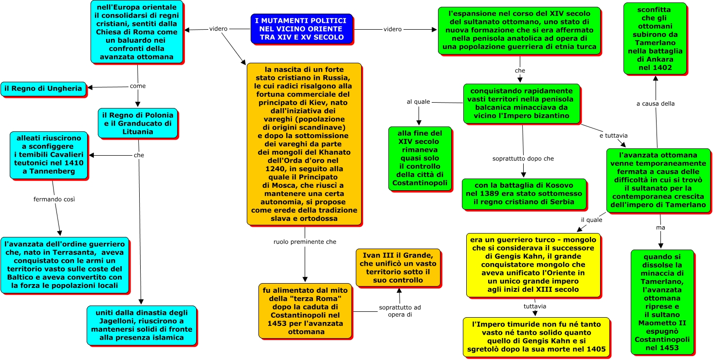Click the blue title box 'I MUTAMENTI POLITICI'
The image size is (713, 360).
pos(301,29)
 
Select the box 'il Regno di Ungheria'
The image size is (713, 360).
pos(43,89)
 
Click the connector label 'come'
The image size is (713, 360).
pos(138,86)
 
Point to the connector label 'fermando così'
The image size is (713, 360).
pos(54,199)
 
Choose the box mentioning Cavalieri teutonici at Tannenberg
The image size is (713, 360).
pos(49,155)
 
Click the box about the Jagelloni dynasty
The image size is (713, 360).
pos(141,325)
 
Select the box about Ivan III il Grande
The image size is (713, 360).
pos(398,268)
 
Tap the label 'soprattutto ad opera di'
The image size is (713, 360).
pos(400,311)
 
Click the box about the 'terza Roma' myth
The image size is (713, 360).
pos(305,311)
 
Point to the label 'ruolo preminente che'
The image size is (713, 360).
pos(305,241)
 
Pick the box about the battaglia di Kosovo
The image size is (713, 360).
pos(517,194)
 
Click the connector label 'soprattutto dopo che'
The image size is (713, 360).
pos(523,159)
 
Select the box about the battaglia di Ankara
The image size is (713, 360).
pos(655,38)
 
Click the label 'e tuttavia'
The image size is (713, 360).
pos(613,135)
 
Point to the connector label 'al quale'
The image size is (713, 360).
pos(419,102)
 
